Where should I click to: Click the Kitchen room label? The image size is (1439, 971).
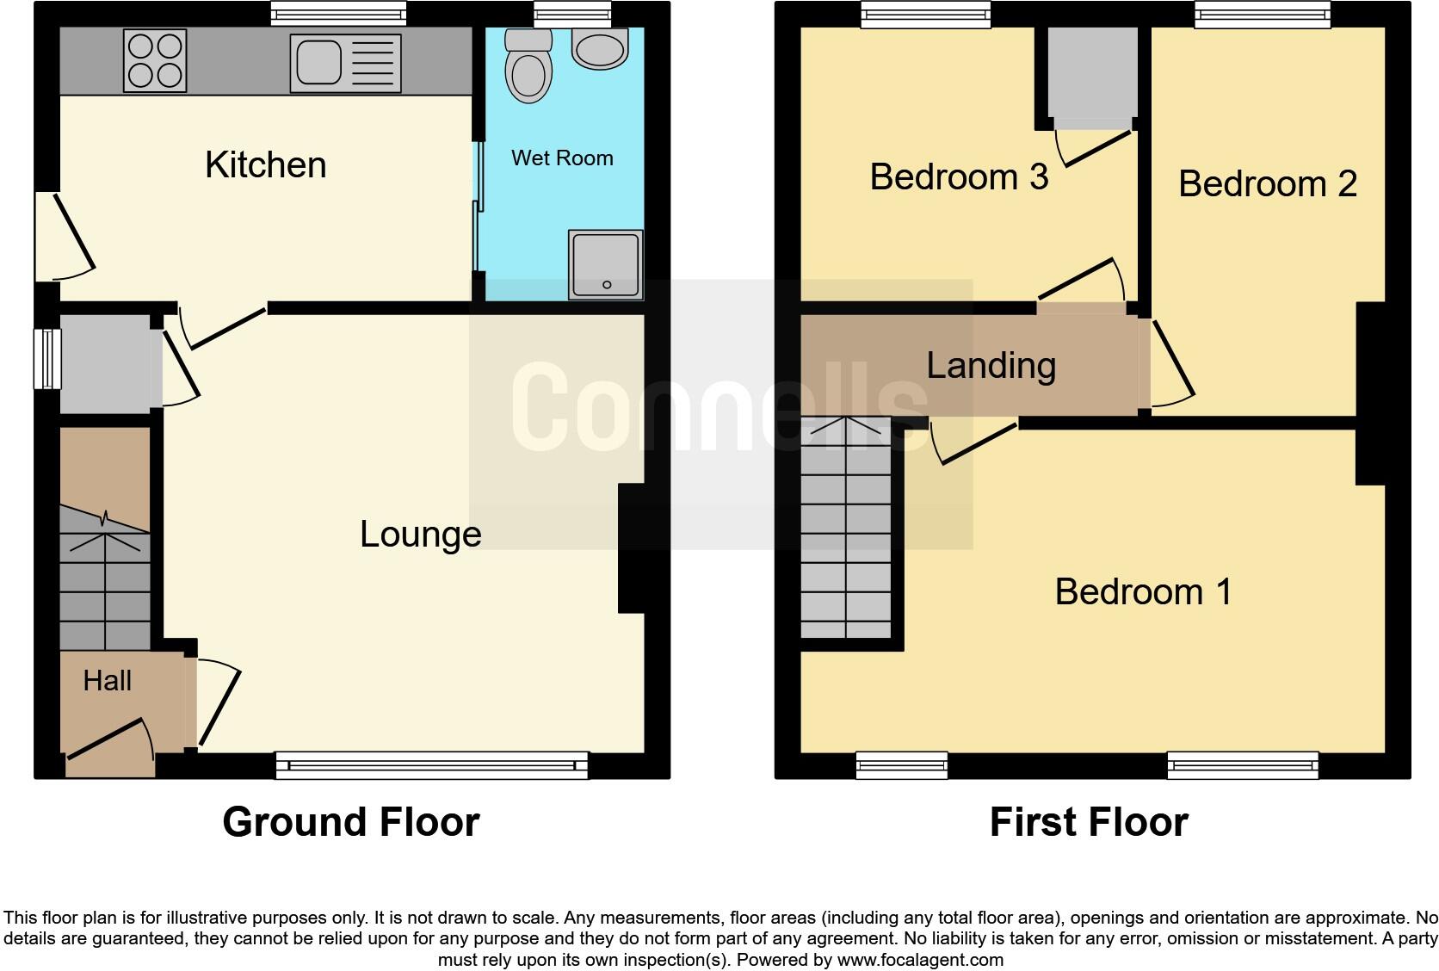(265, 164)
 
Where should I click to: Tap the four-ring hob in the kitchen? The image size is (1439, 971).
(155, 60)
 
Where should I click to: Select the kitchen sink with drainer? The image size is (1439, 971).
(345, 63)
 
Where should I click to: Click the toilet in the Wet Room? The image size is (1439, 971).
(528, 67)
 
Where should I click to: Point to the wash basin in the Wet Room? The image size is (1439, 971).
(599, 50)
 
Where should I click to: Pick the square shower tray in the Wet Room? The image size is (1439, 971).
(605, 264)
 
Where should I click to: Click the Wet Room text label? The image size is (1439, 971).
(562, 158)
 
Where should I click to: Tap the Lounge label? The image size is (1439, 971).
(420, 534)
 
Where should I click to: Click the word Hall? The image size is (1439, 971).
(107, 681)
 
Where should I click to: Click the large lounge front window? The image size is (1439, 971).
(431, 764)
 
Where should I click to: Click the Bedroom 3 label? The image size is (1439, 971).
(959, 176)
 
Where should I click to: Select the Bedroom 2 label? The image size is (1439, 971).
(1267, 183)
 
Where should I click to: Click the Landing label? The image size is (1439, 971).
(991, 365)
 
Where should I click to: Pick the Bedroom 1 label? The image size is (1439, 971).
(1143, 591)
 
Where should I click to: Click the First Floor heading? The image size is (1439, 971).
(1088, 821)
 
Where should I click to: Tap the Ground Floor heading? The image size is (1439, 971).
(350, 821)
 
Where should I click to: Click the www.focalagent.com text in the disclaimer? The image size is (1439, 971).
(919, 959)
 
